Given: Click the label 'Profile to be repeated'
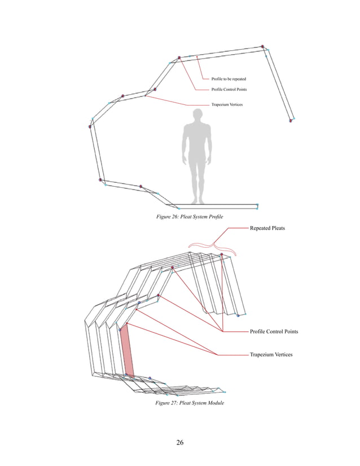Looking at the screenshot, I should pyautogui.click(x=229, y=79).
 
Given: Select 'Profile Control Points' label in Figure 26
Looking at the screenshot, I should pyautogui.click(x=229, y=90).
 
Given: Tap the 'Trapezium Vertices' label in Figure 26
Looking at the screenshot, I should pyautogui.click(x=227, y=105).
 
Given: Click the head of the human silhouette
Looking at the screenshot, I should pyautogui.click(x=196, y=115).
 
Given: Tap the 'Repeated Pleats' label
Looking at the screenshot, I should pyautogui.click(x=267, y=228).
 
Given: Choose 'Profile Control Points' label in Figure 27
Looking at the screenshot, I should pyautogui.click(x=274, y=332).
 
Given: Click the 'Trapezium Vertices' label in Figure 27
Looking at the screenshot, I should pyautogui.click(x=271, y=354).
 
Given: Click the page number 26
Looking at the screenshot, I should pyautogui.click(x=179, y=442).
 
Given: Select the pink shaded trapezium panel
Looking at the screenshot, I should pyautogui.click(x=128, y=350).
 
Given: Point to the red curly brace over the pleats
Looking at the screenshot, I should pyautogui.click(x=214, y=245).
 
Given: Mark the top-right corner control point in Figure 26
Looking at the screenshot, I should pyautogui.click(x=263, y=46).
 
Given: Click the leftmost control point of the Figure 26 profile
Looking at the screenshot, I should pyautogui.click(x=90, y=126).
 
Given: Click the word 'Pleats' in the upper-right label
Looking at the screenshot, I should pyautogui.click(x=276, y=228).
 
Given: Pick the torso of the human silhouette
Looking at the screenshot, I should pyautogui.click(x=196, y=141).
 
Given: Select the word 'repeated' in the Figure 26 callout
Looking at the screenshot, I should pyautogui.click(x=237, y=79).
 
